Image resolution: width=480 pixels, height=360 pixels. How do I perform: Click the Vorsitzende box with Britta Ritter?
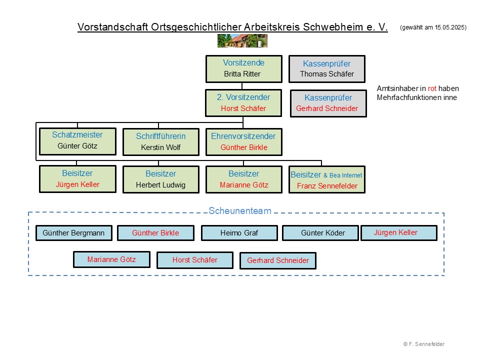(x=243, y=69)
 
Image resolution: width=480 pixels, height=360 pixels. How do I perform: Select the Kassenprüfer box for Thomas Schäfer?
(x=327, y=69)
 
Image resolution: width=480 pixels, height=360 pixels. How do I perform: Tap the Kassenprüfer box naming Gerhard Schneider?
(x=328, y=103)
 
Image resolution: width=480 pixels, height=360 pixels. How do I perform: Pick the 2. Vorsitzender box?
(x=243, y=103)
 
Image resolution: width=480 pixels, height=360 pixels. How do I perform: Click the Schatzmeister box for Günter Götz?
(x=77, y=141)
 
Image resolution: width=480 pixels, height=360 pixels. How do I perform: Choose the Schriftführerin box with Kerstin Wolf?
(x=160, y=142)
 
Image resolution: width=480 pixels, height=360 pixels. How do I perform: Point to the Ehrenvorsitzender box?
(x=243, y=142)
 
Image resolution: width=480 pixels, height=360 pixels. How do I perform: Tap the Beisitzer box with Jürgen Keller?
(x=77, y=179)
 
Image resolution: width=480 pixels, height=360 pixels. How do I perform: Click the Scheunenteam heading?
(x=240, y=211)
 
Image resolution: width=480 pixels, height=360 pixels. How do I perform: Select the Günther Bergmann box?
(x=74, y=233)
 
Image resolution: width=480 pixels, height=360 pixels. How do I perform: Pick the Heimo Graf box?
(x=239, y=233)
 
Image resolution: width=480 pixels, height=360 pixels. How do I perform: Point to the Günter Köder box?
(x=320, y=233)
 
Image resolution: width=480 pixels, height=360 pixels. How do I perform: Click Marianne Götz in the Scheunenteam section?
(x=111, y=259)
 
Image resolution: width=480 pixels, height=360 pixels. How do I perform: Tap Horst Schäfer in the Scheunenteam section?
(x=194, y=260)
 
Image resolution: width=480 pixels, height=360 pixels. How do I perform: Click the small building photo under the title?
(x=242, y=40)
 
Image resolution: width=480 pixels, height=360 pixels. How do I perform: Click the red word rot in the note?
(x=432, y=88)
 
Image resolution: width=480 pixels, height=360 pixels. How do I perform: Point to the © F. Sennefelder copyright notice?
(x=423, y=344)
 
